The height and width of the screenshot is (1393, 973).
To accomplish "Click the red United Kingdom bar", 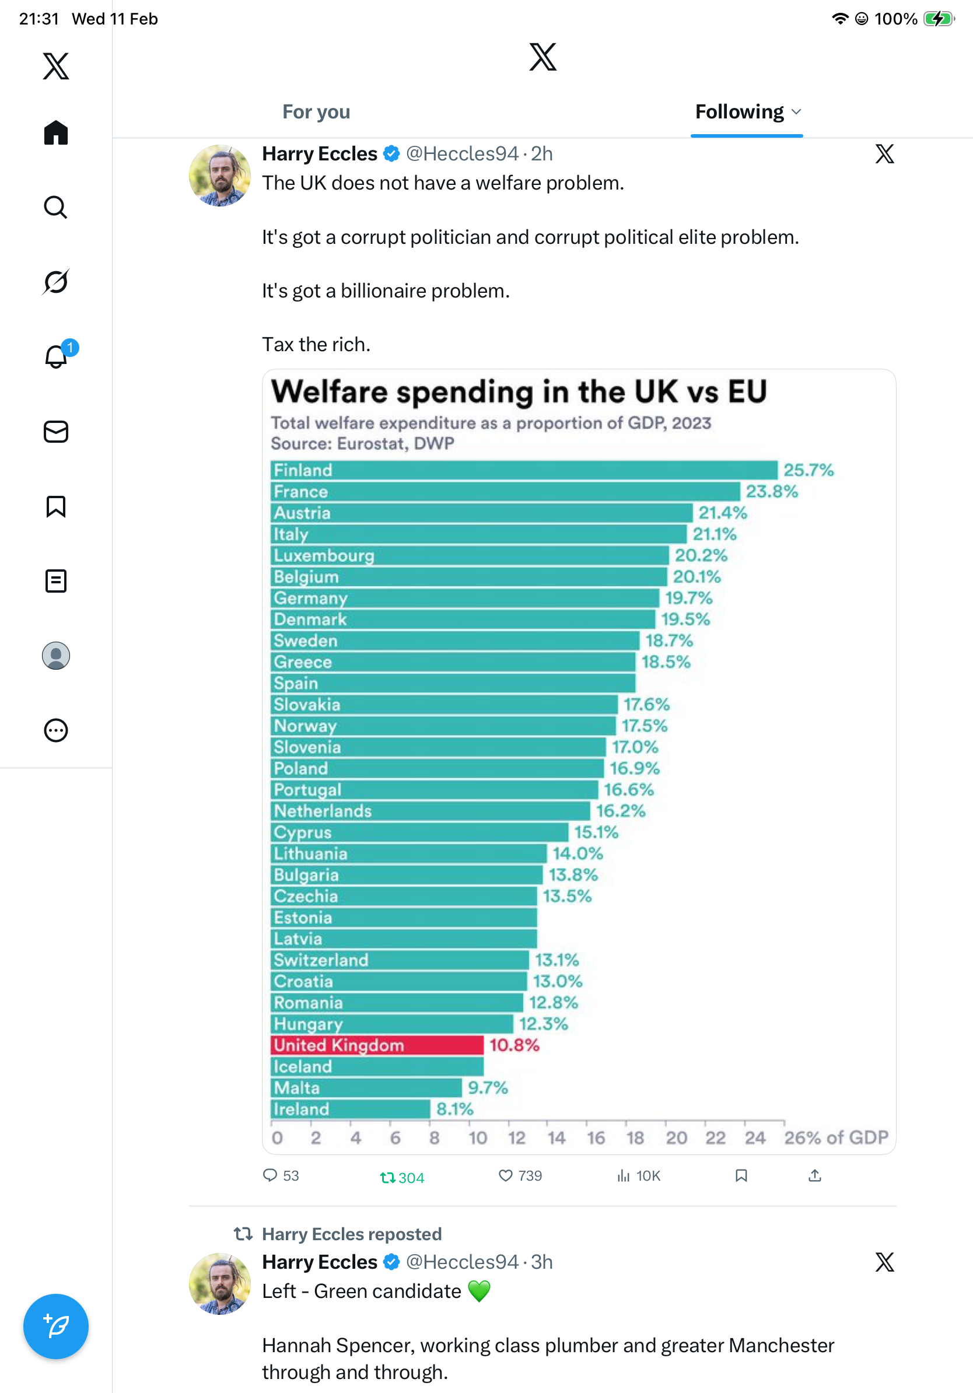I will coord(377,1045).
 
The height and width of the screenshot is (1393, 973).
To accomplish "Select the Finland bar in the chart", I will coord(523,470).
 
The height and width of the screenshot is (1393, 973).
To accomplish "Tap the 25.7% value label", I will coord(808,470).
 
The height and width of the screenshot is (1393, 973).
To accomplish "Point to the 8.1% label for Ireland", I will coord(454,1109).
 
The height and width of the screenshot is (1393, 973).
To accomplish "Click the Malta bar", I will coord(366,1088).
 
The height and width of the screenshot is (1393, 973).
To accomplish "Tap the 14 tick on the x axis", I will coord(556,1137).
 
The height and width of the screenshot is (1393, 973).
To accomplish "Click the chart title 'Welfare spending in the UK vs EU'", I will coord(519,391).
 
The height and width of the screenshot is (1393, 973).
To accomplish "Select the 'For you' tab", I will coord(316,111).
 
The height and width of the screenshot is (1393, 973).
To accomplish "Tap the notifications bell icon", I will coord(56,357).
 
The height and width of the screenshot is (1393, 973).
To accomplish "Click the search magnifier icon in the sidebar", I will coord(56,208).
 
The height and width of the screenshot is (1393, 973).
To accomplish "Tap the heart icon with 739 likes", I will coord(505,1176).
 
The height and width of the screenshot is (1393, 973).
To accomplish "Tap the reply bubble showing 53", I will coord(271,1176).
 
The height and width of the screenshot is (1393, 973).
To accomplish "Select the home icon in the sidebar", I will coord(56,132).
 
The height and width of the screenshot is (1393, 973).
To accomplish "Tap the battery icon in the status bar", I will coord(938,19).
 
